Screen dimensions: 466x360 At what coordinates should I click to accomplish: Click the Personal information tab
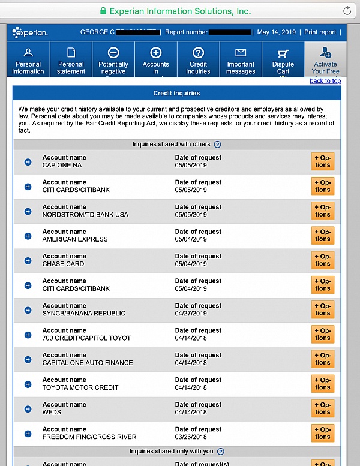[x=28, y=60]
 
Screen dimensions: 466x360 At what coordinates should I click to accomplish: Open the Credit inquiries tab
[x=198, y=60]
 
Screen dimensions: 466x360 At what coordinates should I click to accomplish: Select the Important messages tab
[x=241, y=60]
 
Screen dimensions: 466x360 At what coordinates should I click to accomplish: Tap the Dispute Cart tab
[x=283, y=60]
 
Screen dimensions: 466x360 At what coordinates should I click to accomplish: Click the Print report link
[x=320, y=32]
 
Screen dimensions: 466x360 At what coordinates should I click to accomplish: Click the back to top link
[x=325, y=81]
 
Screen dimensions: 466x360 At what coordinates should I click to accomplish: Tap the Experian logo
[x=30, y=32]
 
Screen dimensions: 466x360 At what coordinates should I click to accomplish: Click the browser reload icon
[x=347, y=11]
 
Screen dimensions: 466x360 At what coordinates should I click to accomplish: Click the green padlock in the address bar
[x=103, y=11]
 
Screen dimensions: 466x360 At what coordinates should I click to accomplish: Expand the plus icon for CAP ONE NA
[x=28, y=162]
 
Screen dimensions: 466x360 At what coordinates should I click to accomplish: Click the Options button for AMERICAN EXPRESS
[x=323, y=236]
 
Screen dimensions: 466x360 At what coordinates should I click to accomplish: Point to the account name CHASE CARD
[x=63, y=264]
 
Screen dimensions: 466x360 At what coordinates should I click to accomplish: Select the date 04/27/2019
[x=191, y=313]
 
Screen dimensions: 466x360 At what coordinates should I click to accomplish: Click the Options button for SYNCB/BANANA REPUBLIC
[x=323, y=309]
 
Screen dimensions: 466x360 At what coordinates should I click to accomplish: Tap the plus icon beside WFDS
[x=28, y=409]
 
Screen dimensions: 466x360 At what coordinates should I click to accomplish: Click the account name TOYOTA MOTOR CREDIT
[x=80, y=387]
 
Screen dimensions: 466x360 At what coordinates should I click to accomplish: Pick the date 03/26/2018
[x=191, y=437]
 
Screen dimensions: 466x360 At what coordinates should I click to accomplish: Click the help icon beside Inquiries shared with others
[x=217, y=145]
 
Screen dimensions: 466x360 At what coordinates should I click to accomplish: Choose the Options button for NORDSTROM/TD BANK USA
[x=323, y=211]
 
